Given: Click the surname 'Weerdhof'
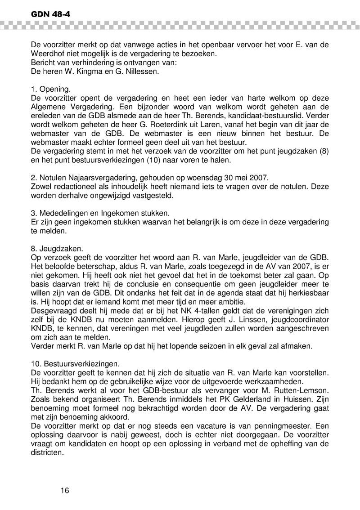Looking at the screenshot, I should click(x=48, y=54).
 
